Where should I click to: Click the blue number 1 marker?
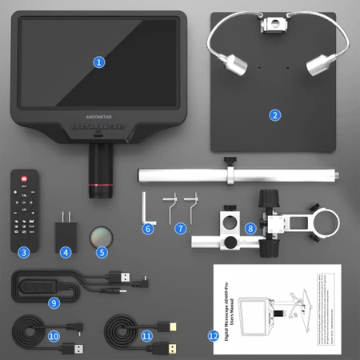99,61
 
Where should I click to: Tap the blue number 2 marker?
274,114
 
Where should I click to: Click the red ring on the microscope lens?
100,186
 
